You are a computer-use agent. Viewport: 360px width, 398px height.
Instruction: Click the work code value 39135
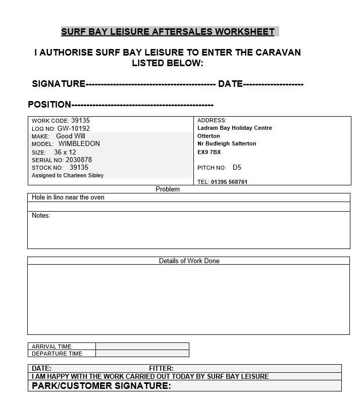80,121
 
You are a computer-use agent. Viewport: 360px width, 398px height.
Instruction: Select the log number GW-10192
73,129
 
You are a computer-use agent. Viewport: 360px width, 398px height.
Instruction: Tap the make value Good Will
71,136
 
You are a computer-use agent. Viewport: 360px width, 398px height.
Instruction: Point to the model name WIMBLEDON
79,144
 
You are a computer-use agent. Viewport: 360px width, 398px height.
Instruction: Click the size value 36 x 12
65,152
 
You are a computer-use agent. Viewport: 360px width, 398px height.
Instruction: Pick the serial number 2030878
79,160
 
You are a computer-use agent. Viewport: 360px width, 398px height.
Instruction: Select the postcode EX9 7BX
209,152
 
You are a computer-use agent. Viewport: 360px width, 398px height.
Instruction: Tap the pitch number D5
237,167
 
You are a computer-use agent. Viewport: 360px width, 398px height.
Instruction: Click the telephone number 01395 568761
229,182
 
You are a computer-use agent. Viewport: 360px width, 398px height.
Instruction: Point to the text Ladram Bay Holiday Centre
234,128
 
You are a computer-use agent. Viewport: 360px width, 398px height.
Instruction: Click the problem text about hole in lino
68,197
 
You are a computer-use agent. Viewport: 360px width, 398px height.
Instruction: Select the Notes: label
41,216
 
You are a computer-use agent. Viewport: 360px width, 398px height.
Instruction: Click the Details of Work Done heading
189,261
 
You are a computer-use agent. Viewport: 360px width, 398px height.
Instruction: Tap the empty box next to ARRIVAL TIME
142,346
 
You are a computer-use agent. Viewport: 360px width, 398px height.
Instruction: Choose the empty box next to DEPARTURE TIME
142,354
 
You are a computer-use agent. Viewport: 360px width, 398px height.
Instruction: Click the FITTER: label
161,369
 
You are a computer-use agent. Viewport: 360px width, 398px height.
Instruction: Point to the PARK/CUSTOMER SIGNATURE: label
101,386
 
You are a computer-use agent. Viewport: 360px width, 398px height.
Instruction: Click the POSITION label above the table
49,105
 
